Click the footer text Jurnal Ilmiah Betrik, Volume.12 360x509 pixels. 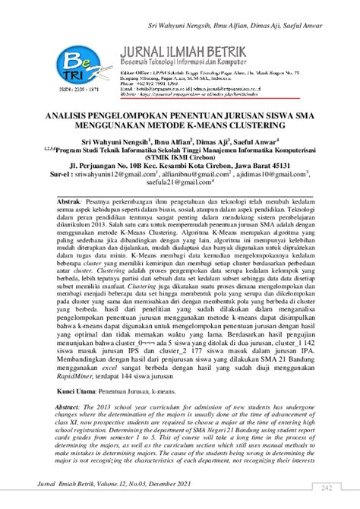[99, 494]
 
